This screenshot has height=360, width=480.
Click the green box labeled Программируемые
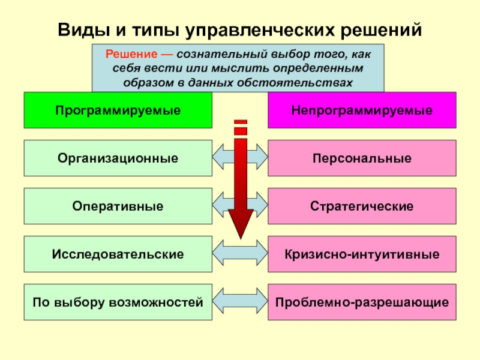[118, 110]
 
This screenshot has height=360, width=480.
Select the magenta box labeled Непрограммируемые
[362, 110]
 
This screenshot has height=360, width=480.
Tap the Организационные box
[118, 158]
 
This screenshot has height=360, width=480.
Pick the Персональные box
[362, 158]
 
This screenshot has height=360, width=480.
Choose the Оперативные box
[118, 206]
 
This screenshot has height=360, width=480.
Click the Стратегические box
[362, 206]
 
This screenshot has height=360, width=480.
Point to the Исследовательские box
[118, 254]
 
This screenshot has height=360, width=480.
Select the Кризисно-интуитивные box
[362, 254]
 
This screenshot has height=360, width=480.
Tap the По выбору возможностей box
[118, 302]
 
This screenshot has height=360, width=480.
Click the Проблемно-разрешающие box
[362, 302]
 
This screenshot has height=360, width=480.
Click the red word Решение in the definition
[131, 54]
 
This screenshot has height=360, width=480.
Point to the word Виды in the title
[83, 30]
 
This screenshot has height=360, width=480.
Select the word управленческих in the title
[260, 31]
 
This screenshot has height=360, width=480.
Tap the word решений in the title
[381, 30]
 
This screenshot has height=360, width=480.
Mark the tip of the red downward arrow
[241, 239]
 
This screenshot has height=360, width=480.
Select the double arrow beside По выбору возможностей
[240, 301]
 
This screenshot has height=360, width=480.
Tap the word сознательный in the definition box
[222, 54]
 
